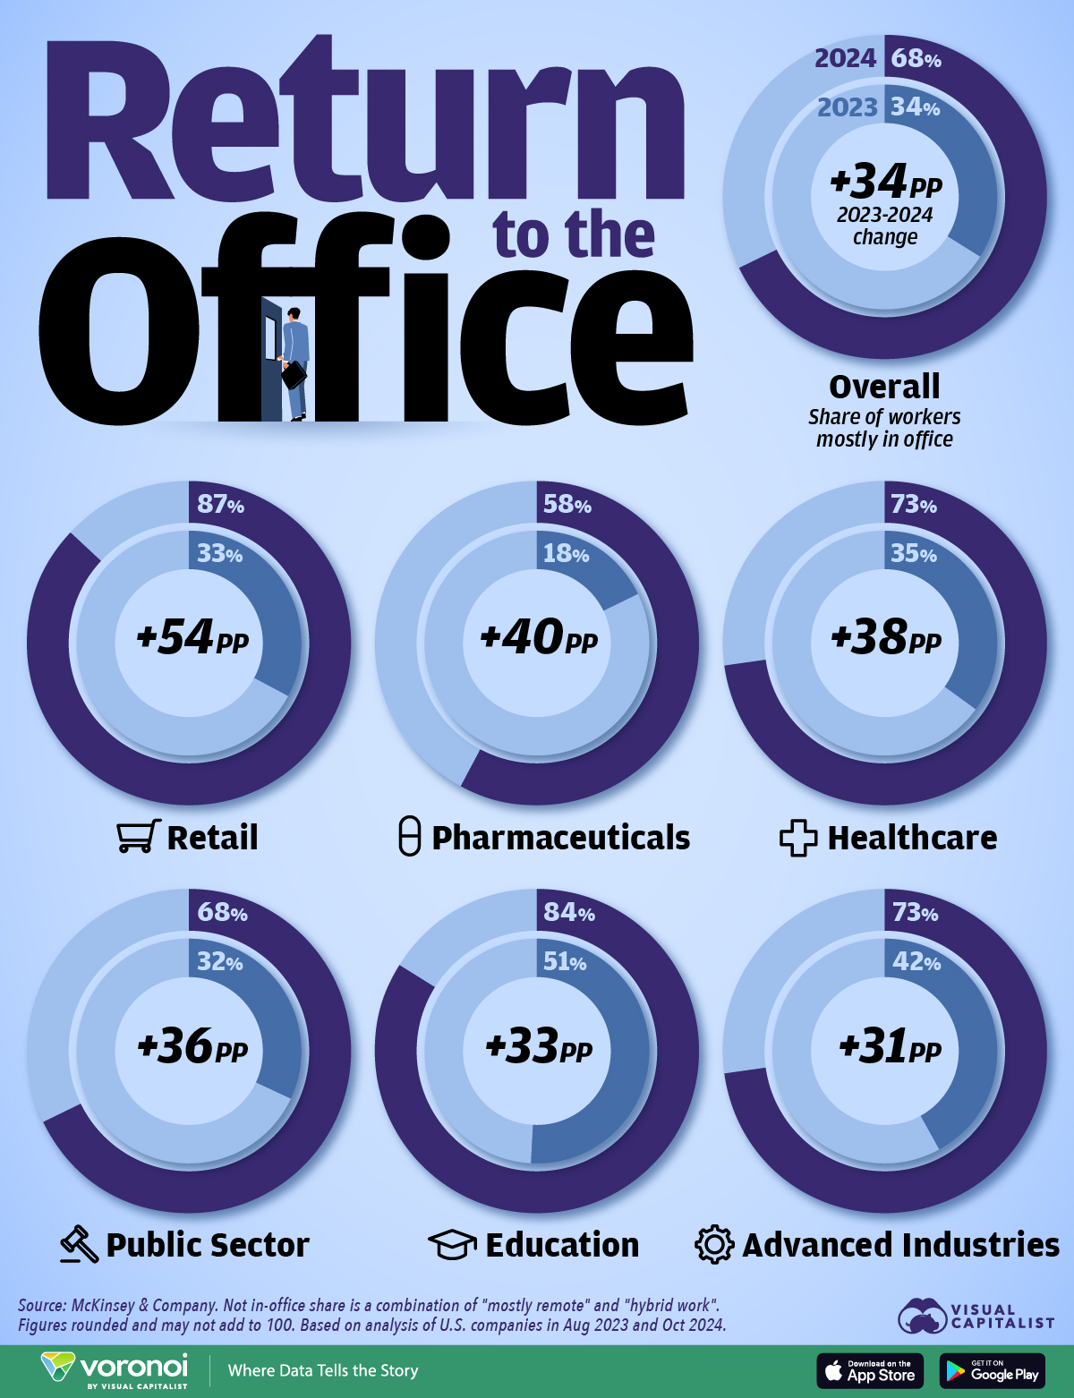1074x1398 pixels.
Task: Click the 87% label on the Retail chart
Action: click(220, 505)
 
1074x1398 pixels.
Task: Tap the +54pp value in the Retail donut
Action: click(192, 638)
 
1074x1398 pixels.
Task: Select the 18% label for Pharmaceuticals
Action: click(566, 554)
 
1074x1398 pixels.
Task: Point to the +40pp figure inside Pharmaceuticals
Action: click(538, 638)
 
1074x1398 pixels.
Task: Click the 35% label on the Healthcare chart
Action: click(914, 554)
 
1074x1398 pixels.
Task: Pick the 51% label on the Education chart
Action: click(565, 962)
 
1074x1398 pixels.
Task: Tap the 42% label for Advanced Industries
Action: click(916, 962)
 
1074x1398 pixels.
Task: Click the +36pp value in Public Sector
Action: click(192, 1046)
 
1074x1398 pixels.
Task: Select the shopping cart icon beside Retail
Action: click(139, 837)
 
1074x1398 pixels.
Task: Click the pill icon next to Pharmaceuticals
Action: click(409, 837)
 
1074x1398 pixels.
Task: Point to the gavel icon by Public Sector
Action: click(79, 1244)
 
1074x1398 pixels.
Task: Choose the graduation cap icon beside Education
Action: click(452, 1245)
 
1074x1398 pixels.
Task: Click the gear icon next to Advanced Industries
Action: click(714, 1245)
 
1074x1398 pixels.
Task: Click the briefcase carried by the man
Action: click(294, 375)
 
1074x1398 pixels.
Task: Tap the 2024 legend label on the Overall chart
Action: click(845, 59)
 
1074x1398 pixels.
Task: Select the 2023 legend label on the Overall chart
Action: click(847, 108)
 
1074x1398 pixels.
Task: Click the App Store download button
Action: click(870, 1371)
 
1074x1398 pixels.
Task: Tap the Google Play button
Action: click(993, 1371)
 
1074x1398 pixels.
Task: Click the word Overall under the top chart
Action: click(884, 387)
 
